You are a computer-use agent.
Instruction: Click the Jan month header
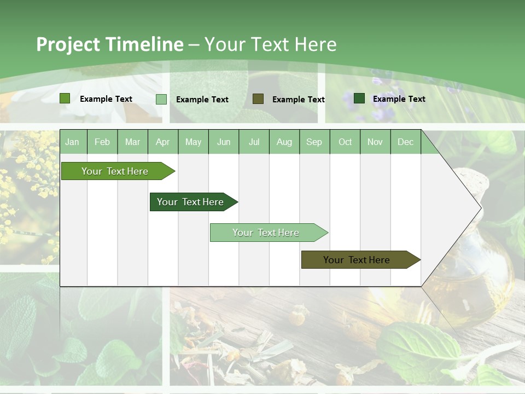tap(72, 142)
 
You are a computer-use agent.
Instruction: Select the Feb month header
tap(102, 142)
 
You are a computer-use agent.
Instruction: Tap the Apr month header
tap(163, 142)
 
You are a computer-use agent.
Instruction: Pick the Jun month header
tap(224, 142)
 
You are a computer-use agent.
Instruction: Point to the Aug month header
tap(284, 142)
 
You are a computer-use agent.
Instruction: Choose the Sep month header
tap(314, 142)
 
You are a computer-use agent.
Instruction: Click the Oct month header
tap(345, 142)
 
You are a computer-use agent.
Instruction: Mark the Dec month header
tap(406, 142)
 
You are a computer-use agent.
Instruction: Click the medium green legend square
tap(65, 99)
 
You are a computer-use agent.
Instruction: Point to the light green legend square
tap(161, 99)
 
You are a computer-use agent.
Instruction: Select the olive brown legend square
tap(258, 99)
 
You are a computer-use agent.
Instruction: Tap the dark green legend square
tap(359, 99)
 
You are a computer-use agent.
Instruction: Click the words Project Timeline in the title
tap(110, 44)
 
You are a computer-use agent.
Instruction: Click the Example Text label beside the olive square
tap(299, 99)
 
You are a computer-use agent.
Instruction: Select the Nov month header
tap(375, 142)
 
